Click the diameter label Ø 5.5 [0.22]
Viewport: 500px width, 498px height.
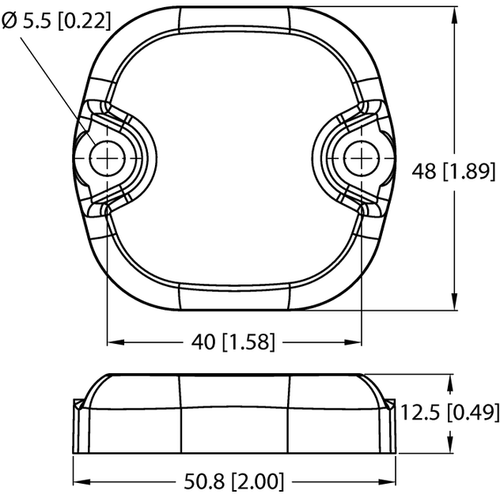click(x=56, y=21)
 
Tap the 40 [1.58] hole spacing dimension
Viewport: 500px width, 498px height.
click(x=234, y=342)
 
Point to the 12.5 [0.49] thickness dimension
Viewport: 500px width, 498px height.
click(x=449, y=412)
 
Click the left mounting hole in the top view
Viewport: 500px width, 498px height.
click(x=106, y=156)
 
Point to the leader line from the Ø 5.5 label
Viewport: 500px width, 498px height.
click(x=59, y=87)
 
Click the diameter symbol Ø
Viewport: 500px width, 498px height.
click(x=9, y=21)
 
